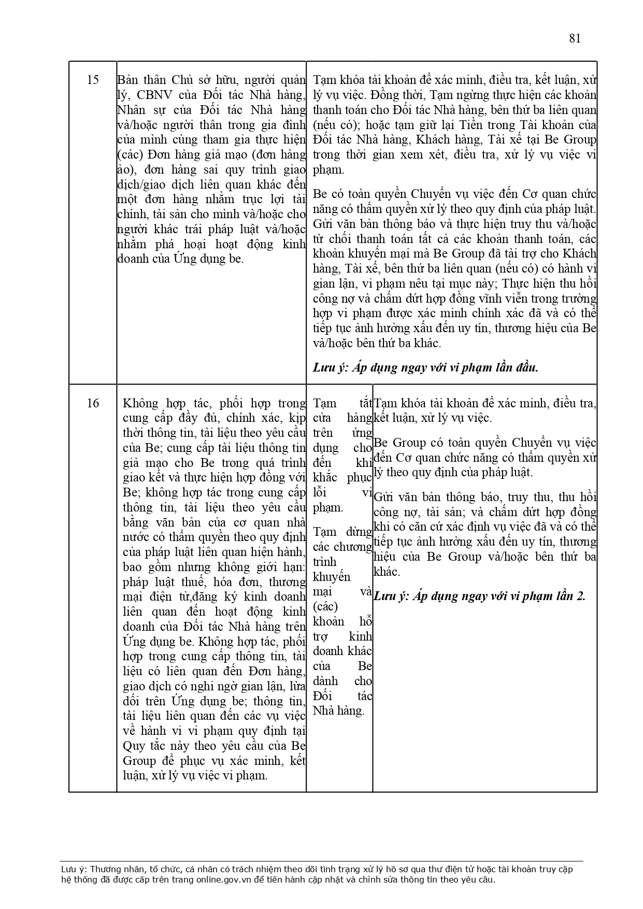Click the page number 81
point(575,38)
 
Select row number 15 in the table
point(93,80)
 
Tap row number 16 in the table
point(93,403)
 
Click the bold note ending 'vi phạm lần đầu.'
point(425,367)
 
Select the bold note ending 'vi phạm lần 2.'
point(479,596)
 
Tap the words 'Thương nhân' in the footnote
point(111,870)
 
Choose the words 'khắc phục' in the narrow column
point(342,478)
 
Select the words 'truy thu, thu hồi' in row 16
point(551,497)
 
